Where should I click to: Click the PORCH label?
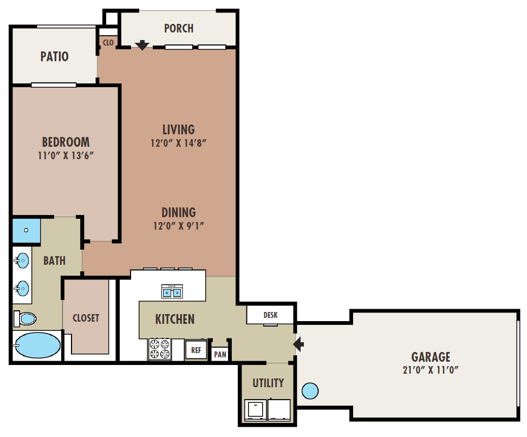point(178,28)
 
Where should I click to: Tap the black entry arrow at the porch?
point(142,45)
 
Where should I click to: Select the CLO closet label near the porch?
point(108,42)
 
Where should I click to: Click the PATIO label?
point(55,56)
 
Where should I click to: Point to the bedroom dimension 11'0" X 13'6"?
point(66,155)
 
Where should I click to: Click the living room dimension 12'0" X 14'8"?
point(179,144)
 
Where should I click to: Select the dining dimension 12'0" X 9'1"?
point(179,226)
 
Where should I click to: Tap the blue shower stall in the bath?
point(26,230)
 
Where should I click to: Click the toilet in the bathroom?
point(24,318)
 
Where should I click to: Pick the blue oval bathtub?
point(37,345)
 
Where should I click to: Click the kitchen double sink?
point(172,292)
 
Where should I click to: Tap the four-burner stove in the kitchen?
point(159,349)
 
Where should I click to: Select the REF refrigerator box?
point(196,350)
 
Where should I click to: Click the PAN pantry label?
point(220,355)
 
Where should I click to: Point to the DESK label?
point(270,315)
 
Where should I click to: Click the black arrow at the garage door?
point(298,344)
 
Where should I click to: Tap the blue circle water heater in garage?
point(309,390)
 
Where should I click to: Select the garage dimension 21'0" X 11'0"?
point(431,370)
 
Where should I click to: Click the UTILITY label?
point(268,383)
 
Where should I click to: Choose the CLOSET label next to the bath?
point(86,318)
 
